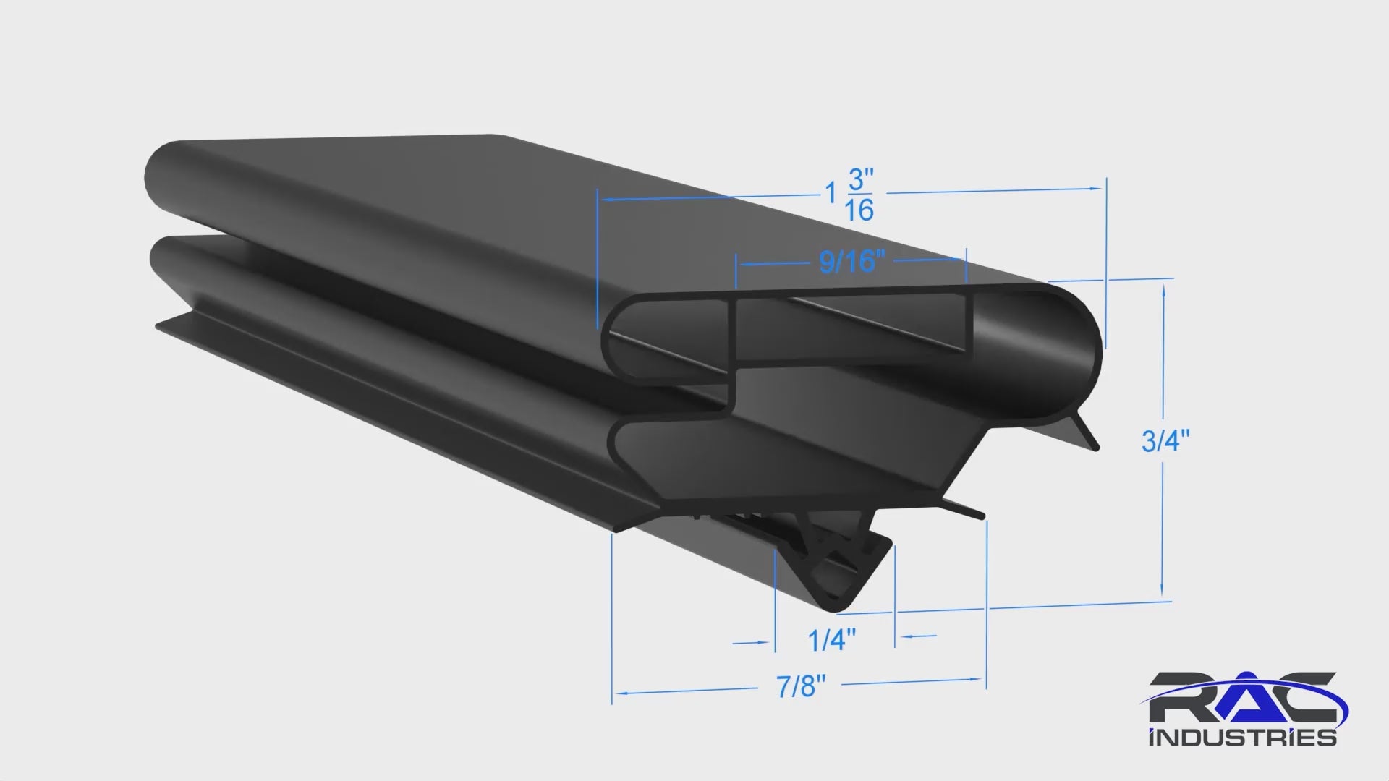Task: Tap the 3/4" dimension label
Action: click(1165, 440)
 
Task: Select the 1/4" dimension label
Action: click(832, 640)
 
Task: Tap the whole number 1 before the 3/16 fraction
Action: click(832, 192)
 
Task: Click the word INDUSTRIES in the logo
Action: click(1242, 738)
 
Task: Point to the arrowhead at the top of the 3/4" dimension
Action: click(1163, 293)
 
